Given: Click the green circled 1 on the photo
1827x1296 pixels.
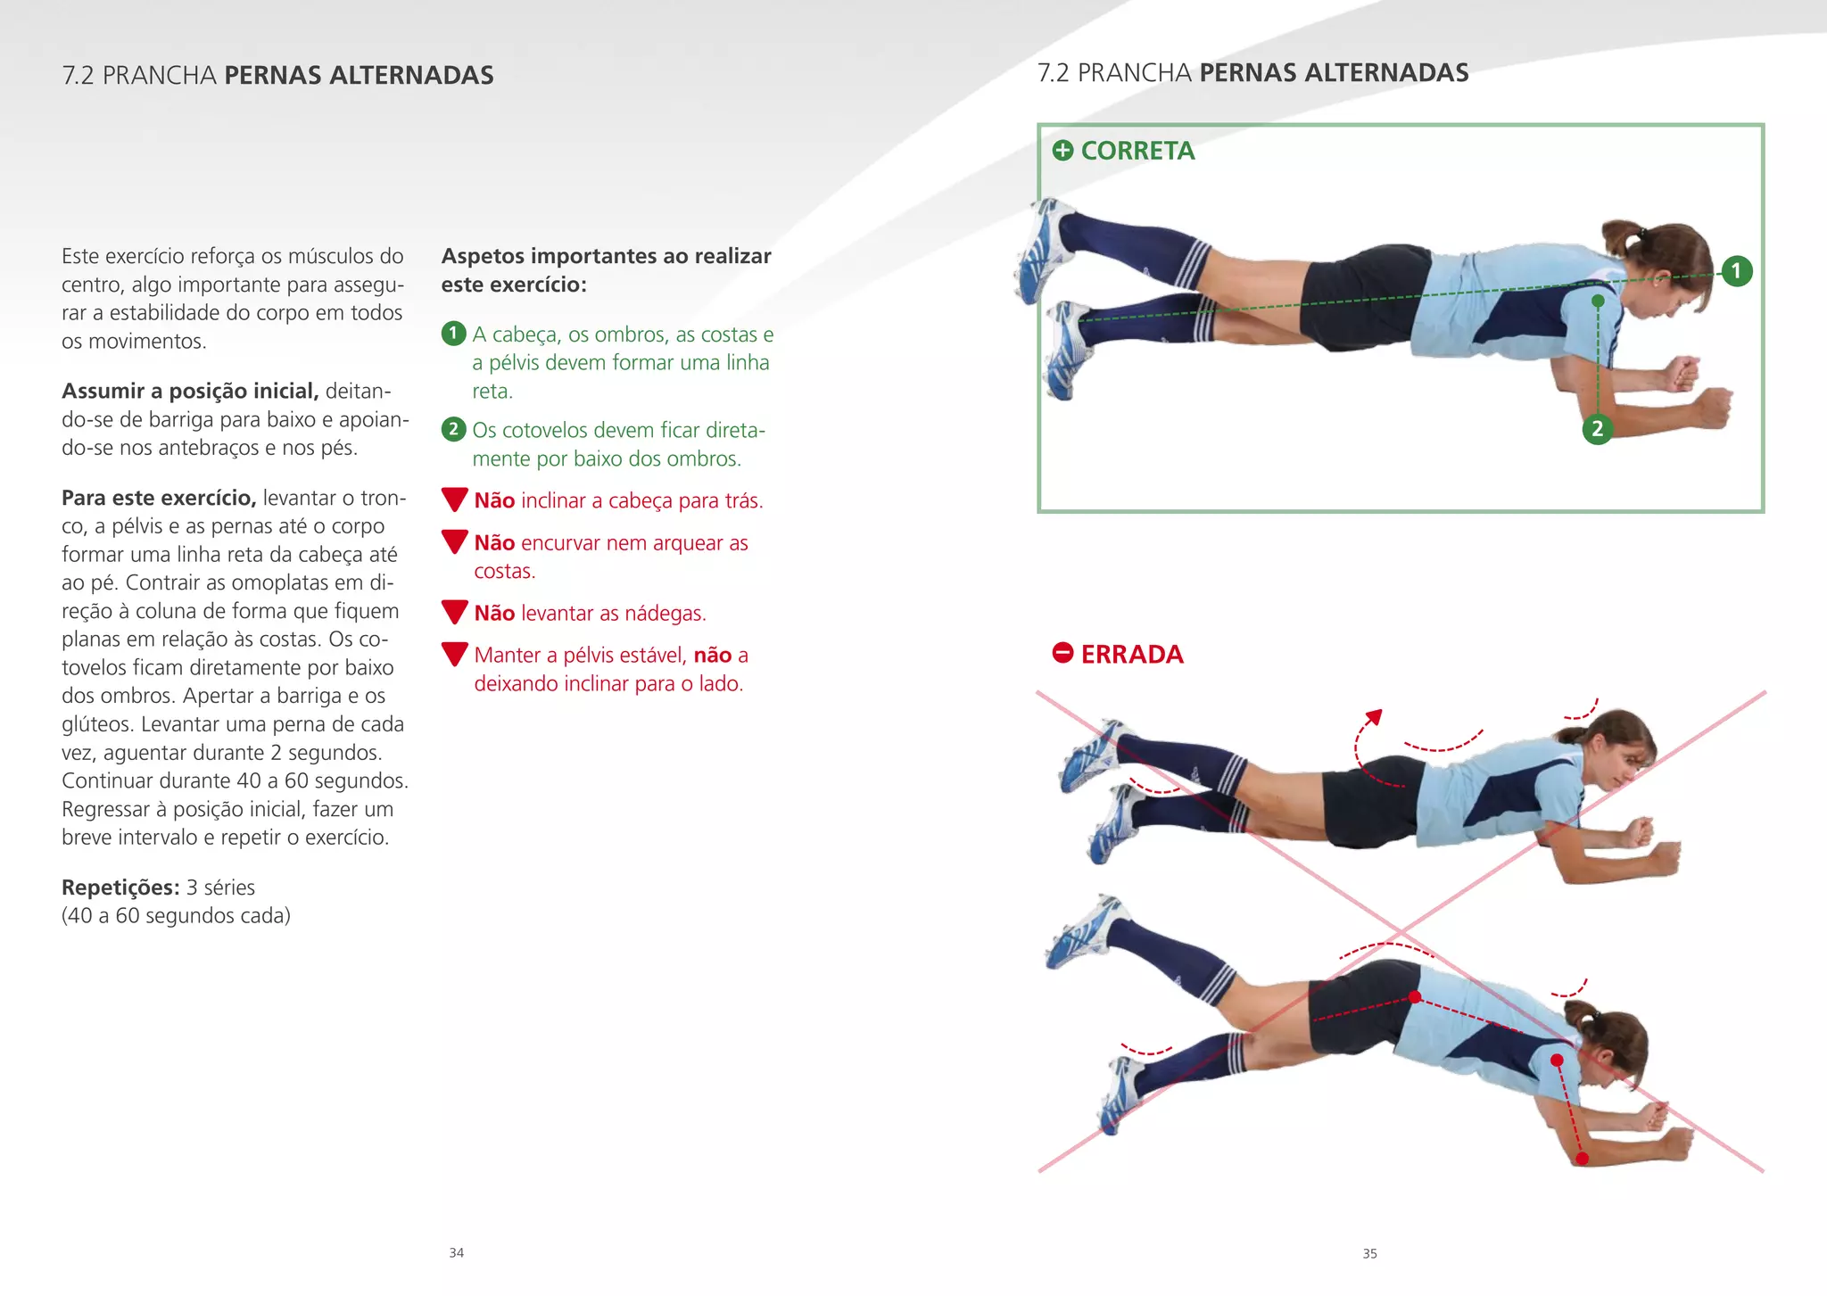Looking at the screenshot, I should pos(1736,270).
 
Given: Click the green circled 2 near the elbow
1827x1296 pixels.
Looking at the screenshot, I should pos(1597,429).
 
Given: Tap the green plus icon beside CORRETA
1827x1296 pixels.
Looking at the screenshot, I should pos(1062,150).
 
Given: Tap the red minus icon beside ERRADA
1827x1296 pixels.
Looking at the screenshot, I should pos(1062,653).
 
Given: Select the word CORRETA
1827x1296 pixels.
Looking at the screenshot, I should pos(1137,151).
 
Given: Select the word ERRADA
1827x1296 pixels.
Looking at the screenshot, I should pos(1132,654).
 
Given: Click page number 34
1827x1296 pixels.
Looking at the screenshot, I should pos(456,1252).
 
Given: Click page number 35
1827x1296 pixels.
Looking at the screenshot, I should pos(1369,1253).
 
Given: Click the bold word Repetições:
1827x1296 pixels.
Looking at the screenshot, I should pos(120,887).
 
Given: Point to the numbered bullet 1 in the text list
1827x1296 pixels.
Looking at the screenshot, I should pos(453,334).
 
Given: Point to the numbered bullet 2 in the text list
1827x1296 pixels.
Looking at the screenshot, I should pos(453,430).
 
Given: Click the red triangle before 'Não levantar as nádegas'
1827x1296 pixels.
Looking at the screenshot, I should pos(455,612).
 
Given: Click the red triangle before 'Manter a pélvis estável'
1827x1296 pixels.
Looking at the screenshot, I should pos(455,654).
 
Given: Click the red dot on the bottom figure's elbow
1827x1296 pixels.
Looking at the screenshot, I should pos(1582,1159).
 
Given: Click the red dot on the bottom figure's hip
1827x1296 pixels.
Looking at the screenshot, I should pos(1414,997).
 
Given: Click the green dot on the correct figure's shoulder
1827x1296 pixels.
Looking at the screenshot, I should pos(1598,301).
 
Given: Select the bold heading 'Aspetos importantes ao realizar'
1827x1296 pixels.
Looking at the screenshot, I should pos(606,256).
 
